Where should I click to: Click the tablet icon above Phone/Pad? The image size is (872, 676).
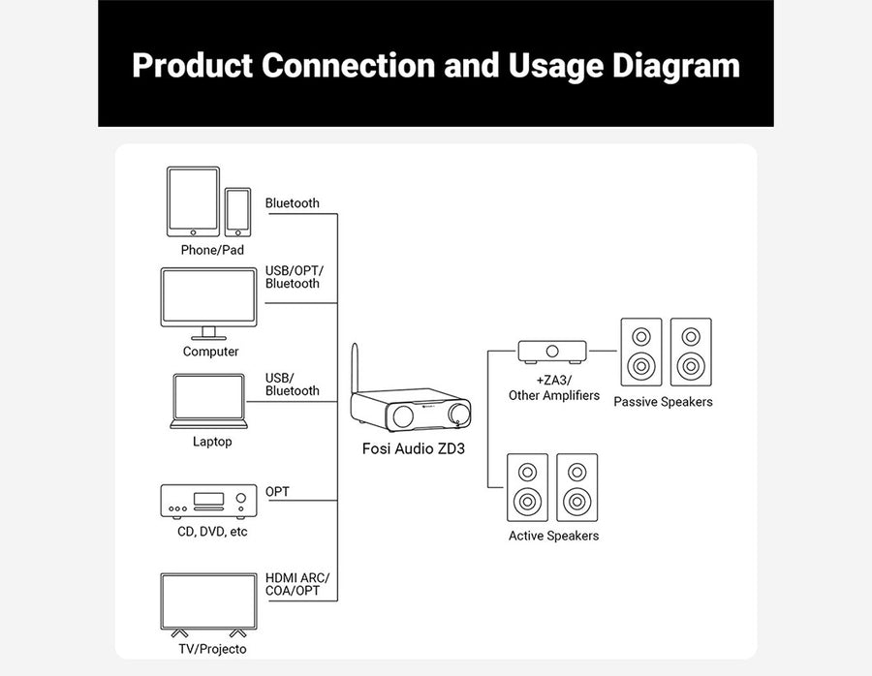[193, 201]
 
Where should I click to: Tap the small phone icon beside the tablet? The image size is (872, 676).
[238, 211]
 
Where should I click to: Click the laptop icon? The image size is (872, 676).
[208, 401]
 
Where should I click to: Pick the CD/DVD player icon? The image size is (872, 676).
[206, 500]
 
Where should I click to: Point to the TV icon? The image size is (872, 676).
[208, 603]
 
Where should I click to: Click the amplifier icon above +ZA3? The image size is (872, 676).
[552, 351]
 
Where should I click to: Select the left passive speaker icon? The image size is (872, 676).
[639, 353]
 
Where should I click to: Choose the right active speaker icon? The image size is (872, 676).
[577, 488]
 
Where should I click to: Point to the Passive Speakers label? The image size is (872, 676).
[663, 402]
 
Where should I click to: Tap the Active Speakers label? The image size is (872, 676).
[553, 536]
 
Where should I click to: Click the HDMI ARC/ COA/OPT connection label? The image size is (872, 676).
[294, 584]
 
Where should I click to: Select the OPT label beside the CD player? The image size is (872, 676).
[277, 492]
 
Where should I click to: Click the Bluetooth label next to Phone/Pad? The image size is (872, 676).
[292, 203]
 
